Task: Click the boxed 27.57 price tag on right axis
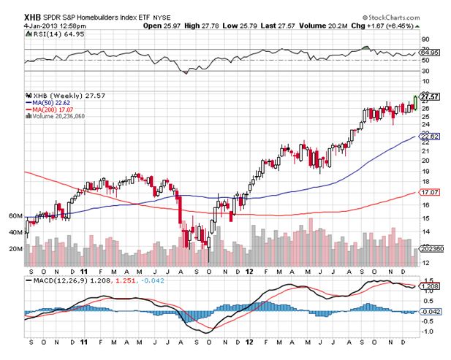[x=428, y=96]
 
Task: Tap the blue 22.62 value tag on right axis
[x=429, y=136]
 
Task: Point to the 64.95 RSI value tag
[x=429, y=53]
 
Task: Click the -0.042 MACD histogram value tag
[x=430, y=312]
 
